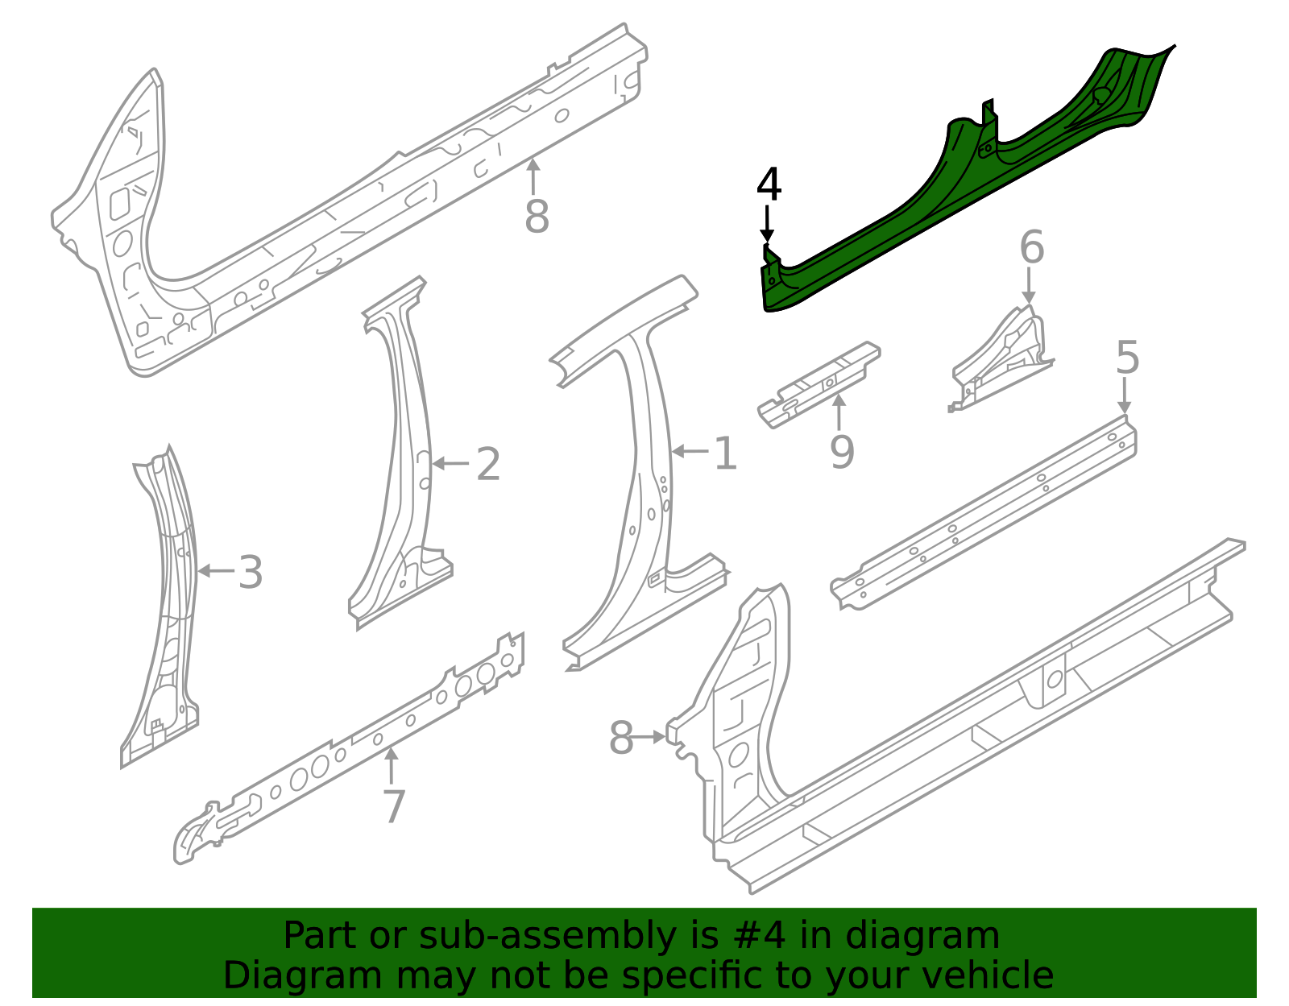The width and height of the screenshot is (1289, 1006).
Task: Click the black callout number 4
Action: [769, 186]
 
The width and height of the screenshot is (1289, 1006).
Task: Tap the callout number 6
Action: [1031, 248]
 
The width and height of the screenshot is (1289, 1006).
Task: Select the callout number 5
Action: [1127, 358]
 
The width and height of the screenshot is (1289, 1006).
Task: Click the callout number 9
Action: [842, 452]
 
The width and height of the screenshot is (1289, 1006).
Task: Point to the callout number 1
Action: [725, 454]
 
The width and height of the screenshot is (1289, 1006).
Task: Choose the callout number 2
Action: [488, 466]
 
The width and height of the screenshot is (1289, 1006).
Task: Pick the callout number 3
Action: [251, 573]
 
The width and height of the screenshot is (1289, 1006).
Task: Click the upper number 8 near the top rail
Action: [537, 217]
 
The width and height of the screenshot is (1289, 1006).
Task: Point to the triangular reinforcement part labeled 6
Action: [1003, 358]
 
